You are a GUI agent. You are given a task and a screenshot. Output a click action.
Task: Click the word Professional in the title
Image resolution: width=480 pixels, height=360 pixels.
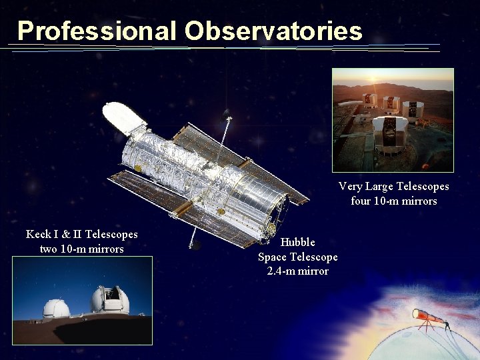pos(97,31)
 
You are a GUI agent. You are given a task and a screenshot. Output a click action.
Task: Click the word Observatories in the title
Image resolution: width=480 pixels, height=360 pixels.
pos(274,31)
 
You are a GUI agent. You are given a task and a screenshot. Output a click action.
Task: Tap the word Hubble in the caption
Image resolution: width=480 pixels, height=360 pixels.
pos(297,242)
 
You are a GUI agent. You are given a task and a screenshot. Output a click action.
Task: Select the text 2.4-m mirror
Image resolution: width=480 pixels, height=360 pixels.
pos(297,271)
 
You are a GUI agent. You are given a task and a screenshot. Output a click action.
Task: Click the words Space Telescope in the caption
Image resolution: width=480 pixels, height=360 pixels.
pos(297,257)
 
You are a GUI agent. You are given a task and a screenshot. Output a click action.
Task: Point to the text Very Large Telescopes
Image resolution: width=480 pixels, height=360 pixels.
pos(393,186)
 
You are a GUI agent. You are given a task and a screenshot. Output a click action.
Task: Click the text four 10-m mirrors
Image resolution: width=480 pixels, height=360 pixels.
pos(393,201)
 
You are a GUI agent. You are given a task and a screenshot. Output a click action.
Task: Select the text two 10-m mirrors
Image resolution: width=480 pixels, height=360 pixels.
pos(82,249)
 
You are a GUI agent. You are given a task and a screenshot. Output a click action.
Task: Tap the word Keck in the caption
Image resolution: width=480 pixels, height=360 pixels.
pos(39,234)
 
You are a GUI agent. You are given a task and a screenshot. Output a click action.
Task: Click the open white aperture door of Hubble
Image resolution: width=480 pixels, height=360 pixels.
pos(125,117)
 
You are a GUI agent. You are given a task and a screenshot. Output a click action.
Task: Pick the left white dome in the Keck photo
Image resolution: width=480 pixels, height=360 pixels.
pos(56,308)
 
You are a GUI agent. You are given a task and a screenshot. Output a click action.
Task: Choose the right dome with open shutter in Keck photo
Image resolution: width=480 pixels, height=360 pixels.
pos(110,301)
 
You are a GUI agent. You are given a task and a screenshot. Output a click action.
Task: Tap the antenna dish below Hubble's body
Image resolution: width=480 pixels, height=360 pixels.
pos(195,245)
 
